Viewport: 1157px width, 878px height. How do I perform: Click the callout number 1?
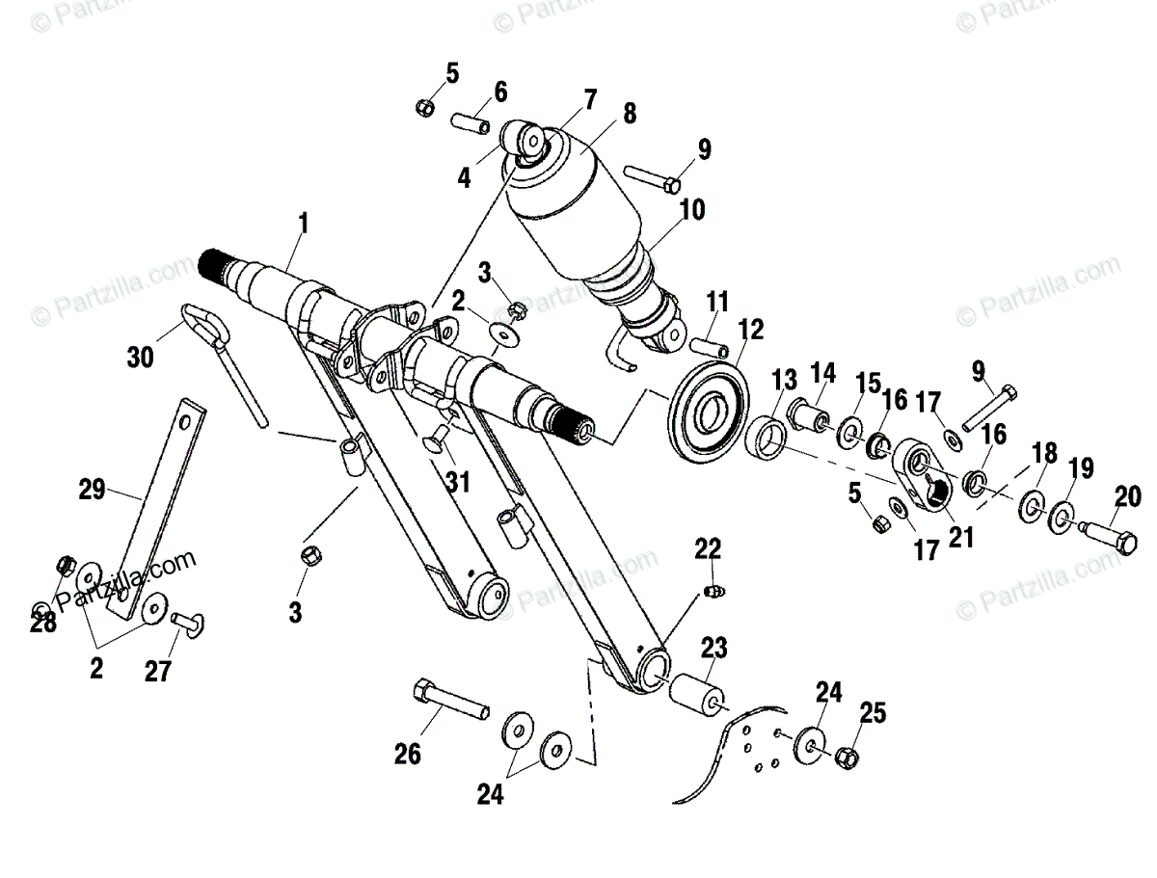coord(304,225)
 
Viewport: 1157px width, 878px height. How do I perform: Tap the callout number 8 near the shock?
coord(629,114)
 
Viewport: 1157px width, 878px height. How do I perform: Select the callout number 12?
coord(750,332)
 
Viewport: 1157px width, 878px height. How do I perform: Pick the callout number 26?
coord(408,754)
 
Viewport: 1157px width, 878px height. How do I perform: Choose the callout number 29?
coord(93,489)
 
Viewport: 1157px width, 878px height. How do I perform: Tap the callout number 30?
coord(140,359)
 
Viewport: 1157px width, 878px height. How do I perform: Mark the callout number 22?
coord(709,549)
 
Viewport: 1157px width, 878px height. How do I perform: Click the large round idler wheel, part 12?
coord(710,412)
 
